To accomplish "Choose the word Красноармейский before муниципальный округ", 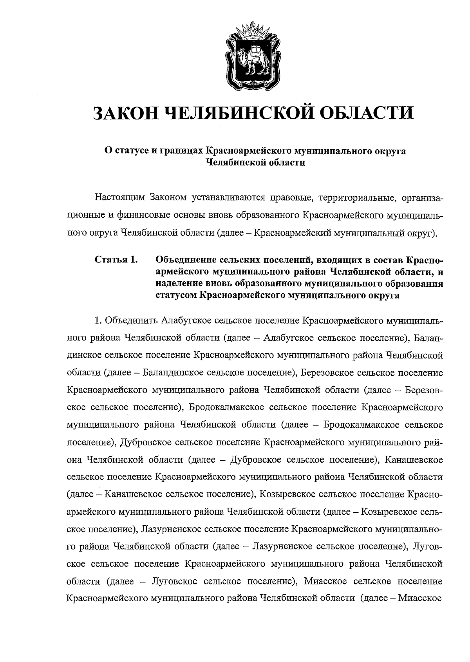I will tap(291, 234).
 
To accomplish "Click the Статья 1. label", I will tap(116, 260).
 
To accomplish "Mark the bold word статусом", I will tap(176, 295).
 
